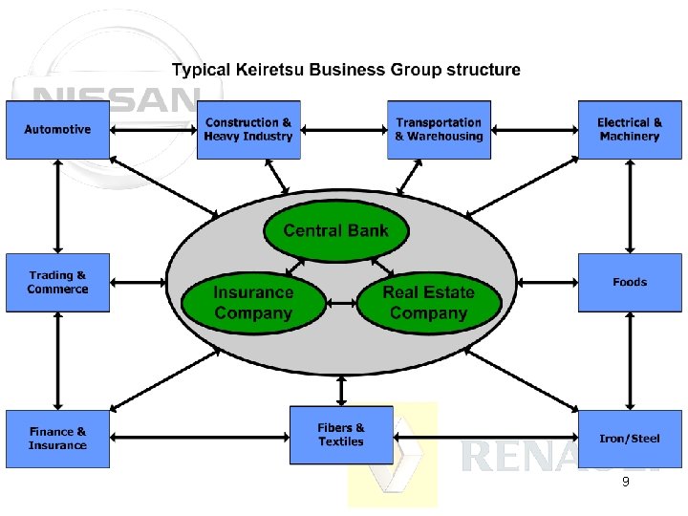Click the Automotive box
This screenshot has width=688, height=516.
tap(57, 129)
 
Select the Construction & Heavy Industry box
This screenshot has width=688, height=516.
tap(248, 129)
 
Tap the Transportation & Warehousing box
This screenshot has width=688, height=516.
tap(439, 129)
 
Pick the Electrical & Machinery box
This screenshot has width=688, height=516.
tap(630, 129)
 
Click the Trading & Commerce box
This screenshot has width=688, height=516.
tap(57, 282)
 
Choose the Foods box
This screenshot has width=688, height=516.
tap(630, 282)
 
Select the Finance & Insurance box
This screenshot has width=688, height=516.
tap(57, 439)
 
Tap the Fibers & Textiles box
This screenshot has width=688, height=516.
tap(341, 435)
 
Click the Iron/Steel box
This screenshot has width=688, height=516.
tap(630, 439)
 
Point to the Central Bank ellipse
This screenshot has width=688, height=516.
tap(335, 230)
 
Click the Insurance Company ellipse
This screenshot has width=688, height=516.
tap(253, 303)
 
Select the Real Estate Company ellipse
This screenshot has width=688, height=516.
tap(429, 303)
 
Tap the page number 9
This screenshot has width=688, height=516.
tap(625, 483)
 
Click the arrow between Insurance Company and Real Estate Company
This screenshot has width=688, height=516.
tap(341, 304)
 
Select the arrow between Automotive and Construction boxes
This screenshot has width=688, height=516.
tap(153, 129)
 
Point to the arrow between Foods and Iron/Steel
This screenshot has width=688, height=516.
tap(630, 360)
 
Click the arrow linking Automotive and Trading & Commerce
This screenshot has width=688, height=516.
tap(58, 205)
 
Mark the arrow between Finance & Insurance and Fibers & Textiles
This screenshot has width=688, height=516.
tap(200, 439)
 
